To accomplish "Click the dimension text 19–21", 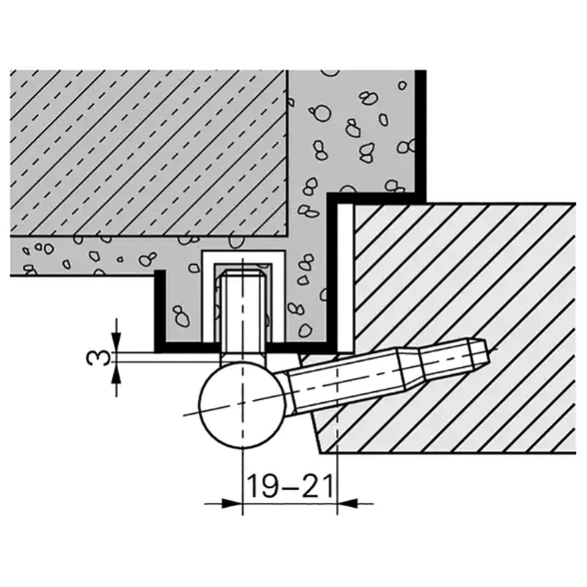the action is [289, 486].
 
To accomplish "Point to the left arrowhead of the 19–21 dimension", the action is [231, 503].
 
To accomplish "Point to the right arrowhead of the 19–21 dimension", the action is [348, 503].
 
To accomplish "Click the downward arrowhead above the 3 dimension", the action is [117, 342].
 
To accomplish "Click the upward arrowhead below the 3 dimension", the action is [117, 373].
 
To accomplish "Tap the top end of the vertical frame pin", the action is [244, 274].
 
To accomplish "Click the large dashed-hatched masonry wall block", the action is [148, 153].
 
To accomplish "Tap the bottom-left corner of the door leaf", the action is [321, 453].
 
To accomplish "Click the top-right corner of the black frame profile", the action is [426, 70].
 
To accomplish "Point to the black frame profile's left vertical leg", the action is [160, 310].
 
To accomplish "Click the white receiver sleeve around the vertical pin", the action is [244, 296].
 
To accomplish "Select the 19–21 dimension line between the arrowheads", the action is [290, 503].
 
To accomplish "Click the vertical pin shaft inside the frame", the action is [244, 315].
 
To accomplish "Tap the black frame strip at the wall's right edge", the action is [420, 132].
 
